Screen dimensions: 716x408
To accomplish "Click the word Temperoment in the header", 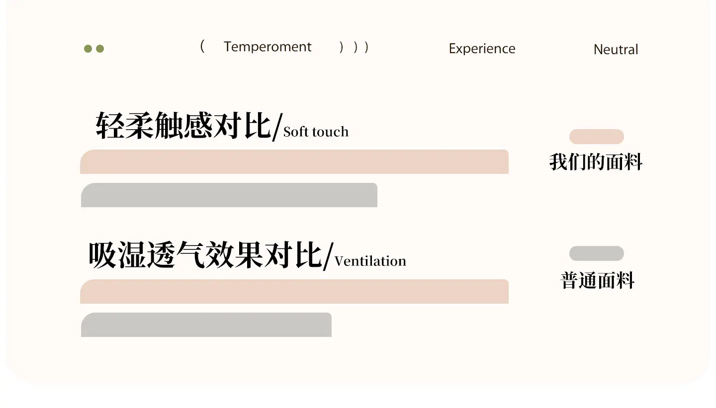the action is pyautogui.click(x=267, y=47).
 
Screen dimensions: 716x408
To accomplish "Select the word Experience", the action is pyautogui.click(x=482, y=49).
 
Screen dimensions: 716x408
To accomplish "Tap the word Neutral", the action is pyautogui.click(x=616, y=50).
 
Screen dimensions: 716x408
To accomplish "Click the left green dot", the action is pyautogui.click(x=88, y=49).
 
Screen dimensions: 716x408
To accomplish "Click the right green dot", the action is pyautogui.click(x=100, y=49).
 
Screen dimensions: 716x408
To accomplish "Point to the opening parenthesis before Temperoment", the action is pyautogui.click(x=202, y=46).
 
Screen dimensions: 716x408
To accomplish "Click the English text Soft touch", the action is pyautogui.click(x=316, y=132).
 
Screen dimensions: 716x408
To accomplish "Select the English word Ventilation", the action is pyautogui.click(x=370, y=261).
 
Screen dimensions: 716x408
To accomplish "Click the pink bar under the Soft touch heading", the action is pyautogui.click(x=294, y=162).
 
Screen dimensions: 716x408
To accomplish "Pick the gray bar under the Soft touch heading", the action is pyautogui.click(x=229, y=195).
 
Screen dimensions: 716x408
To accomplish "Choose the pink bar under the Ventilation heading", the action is pyautogui.click(x=294, y=291).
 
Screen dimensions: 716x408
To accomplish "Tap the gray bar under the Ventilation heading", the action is pyautogui.click(x=206, y=325).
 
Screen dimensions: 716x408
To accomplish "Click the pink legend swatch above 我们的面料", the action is pyautogui.click(x=597, y=137).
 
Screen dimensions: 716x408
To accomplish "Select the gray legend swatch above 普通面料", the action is pyautogui.click(x=597, y=253).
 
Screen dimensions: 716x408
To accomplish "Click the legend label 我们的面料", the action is pyautogui.click(x=596, y=162).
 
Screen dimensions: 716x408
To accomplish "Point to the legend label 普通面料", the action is pyautogui.click(x=598, y=280).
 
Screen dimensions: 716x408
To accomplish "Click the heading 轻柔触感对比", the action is pyautogui.click(x=183, y=125).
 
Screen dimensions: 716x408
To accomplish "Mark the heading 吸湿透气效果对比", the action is pyautogui.click(x=205, y=254).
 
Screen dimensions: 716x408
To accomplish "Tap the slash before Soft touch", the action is pyautogui.click(x=277, y=127).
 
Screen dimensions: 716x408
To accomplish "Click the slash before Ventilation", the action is pyautogui.click(x=328, y=256).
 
